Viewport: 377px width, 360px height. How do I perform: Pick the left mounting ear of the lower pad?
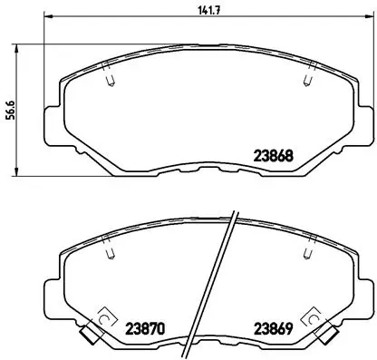(x=53, y=295)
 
